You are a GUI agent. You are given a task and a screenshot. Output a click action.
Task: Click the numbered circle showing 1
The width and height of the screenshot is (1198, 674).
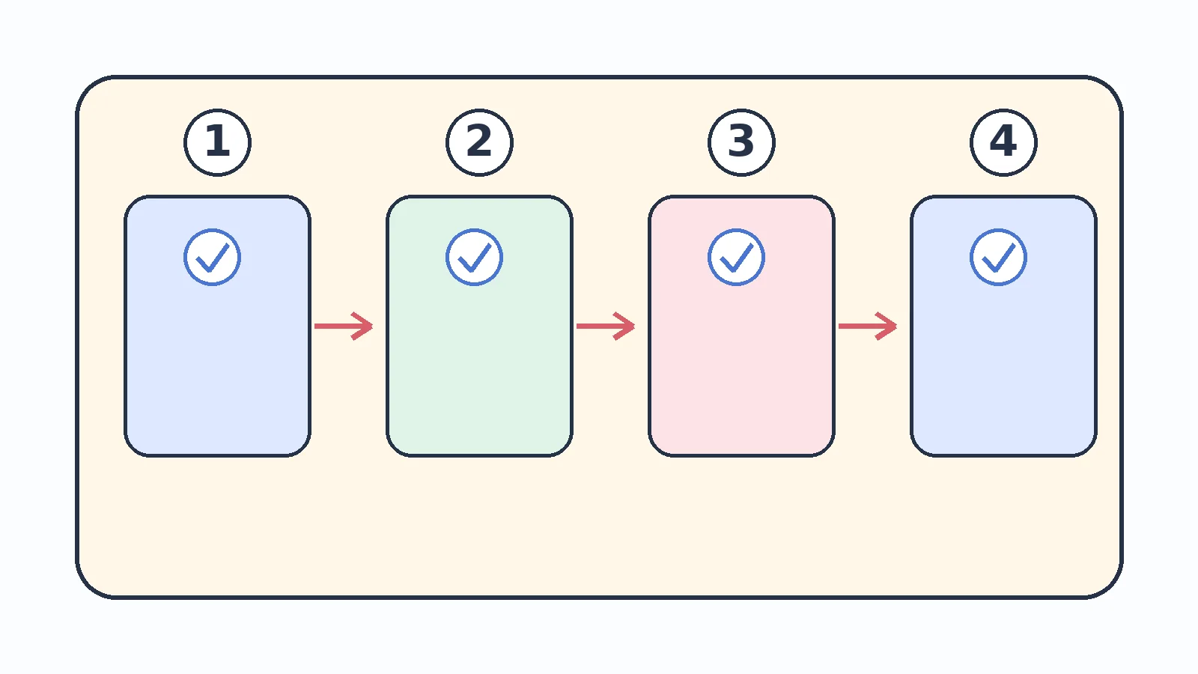click(x=217, y=142)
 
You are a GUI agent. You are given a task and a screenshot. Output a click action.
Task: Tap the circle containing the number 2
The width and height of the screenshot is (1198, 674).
click(x=479, y=142)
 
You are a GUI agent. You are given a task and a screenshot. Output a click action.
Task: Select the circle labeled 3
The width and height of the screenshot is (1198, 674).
click(x=741, y=142)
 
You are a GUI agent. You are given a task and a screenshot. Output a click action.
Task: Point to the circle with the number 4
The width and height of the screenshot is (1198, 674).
click(x=1003, y=142)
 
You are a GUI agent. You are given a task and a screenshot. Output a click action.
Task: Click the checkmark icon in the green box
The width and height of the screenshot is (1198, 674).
click(x=474, y=258)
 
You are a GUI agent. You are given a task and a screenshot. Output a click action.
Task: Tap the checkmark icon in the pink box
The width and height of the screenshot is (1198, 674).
click(x=736, y=258)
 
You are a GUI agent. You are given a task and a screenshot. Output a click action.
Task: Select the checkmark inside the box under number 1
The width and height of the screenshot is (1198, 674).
click(x=212, y=258)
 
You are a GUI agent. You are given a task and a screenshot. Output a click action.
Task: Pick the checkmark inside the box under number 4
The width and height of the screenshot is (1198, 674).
click(x=998, y=258)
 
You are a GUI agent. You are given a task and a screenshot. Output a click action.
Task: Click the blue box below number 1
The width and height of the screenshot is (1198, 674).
click(x=217, y=327)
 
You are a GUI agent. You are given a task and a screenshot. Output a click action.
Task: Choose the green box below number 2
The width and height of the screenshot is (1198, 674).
click(x=479, y=327)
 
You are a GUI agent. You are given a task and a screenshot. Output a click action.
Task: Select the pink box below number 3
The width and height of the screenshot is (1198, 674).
click(x=741, y=327)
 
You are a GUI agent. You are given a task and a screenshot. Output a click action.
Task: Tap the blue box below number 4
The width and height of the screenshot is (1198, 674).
click(x=1003, y=327)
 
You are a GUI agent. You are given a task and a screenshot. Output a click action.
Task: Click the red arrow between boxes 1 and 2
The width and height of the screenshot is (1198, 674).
click(x=344, y=326)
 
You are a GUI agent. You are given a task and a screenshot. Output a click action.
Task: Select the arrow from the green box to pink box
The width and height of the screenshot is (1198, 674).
click(x=606, y=326)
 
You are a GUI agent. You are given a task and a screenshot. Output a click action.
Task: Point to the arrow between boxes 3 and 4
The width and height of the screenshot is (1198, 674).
click(x=868, y=326)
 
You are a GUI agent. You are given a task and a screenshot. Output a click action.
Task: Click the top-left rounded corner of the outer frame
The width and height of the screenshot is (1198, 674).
click(x=88, y=88)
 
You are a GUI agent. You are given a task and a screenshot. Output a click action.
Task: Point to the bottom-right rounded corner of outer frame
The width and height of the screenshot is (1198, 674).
click(x=1111, y=587)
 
